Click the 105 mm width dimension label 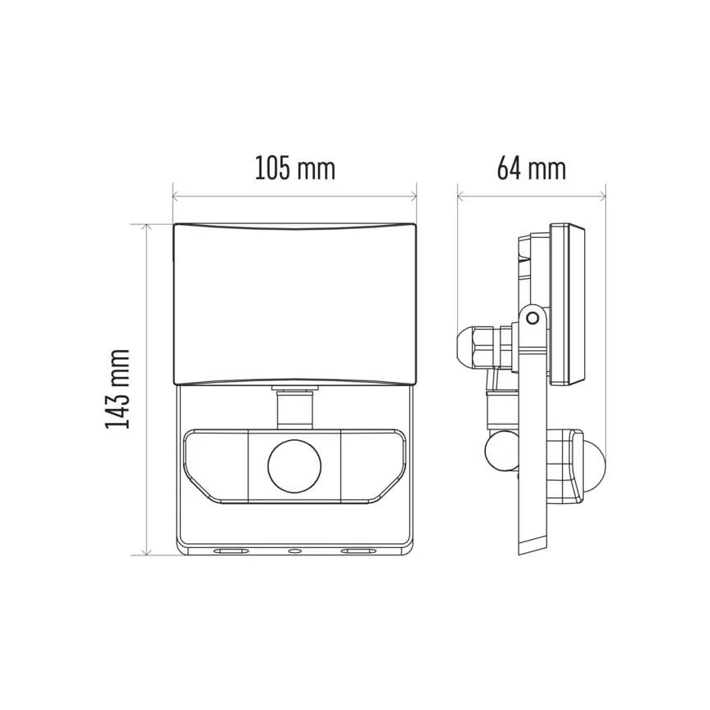tap(294, 169)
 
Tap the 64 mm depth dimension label tap(532, 169)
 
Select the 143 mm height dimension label tap(119, 388)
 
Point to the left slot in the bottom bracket tap(228, 553)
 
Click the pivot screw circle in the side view tap(532, 315)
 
